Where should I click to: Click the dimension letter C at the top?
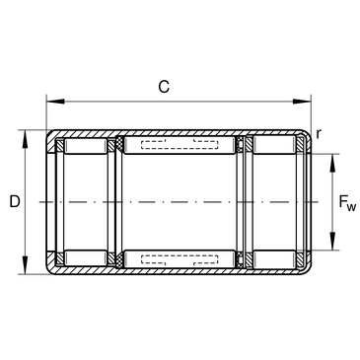coord(164,87)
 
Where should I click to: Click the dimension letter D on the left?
coord(15,201)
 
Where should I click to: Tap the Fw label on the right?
coord(347,203)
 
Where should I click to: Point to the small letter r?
coord(318,134)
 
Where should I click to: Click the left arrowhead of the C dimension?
coord(55,102)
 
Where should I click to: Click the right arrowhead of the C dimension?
coord(302,102)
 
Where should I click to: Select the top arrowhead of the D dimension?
coord(25,139)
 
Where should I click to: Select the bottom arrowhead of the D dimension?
coord(25,265)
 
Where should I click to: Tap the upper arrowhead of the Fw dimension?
coord(332,163)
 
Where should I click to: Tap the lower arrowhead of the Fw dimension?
coord(332,242)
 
